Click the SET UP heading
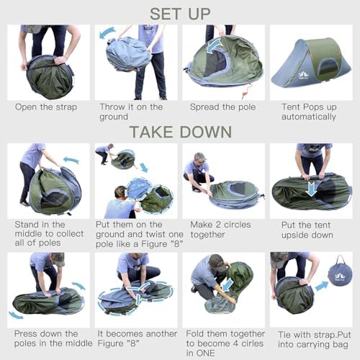click(x=179, y=12)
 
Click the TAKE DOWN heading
click(x=179, y=131)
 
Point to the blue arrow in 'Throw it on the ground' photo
click(x=108, y=32)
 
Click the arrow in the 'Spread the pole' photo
click(x=215, y=45)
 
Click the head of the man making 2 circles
click(x=199, y=158)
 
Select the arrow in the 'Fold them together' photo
click(x=227, y=285)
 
